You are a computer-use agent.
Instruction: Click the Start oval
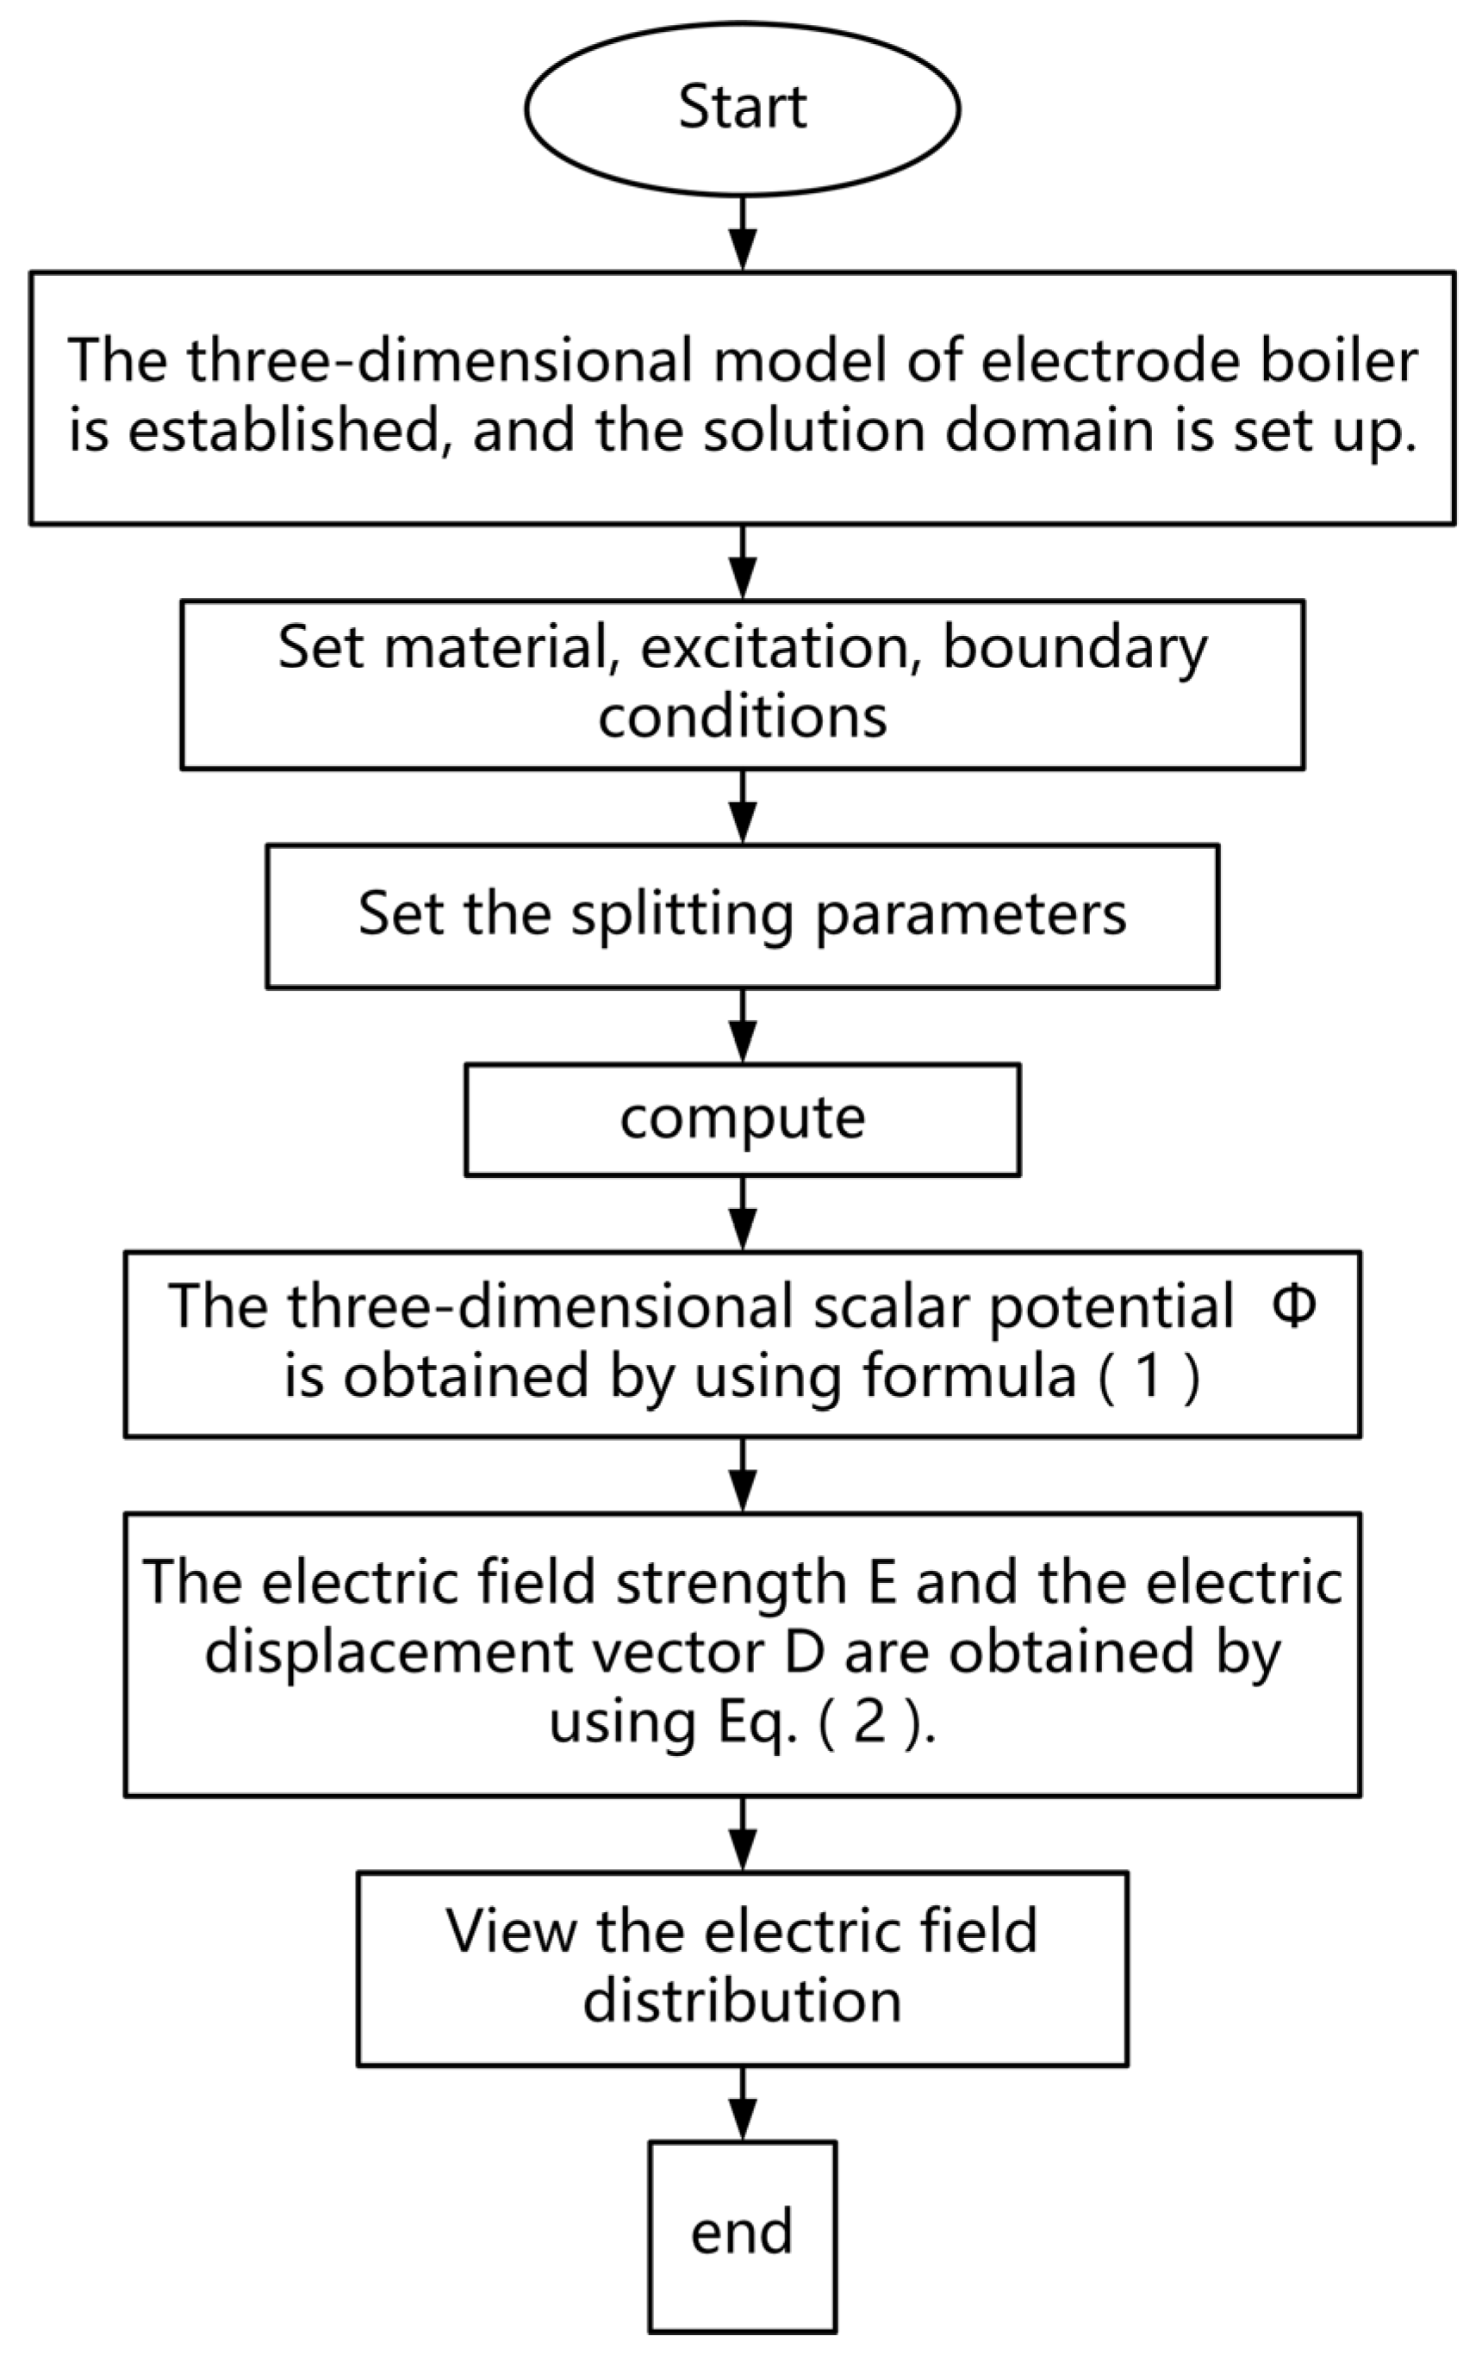[x=742, y=109]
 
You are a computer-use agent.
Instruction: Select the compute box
[x=742, y=1119]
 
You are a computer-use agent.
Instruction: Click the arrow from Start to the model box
[x=743, y=234]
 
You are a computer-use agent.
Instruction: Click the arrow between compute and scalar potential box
[x=743, y=1213]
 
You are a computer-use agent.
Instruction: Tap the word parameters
[x=970, y=914]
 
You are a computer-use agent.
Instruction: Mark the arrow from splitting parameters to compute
[x=743, y=1025]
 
